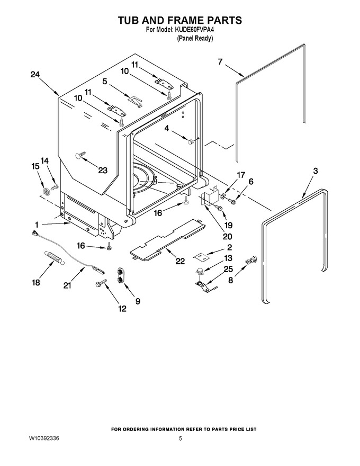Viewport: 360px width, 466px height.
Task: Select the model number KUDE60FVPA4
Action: (x=194, y=30)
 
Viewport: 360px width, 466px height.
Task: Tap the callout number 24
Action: (x=35, y=74)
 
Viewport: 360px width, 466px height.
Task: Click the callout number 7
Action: (x=220, y=62)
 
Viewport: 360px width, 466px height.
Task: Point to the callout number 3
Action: (x=316, y=171)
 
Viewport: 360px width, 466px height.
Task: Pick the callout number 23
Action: (x=103, y=171)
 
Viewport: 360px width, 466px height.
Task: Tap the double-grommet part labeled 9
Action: (x=121, y=275)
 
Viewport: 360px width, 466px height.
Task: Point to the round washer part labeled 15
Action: (x=47, y=192)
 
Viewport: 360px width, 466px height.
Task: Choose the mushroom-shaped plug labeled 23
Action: (x=80, y=155)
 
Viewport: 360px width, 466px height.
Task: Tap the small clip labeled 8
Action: (x=250, y=261)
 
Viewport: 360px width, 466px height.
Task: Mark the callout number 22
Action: (x=180, y=261)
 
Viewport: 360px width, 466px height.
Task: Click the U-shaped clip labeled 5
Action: (x=135, y=101)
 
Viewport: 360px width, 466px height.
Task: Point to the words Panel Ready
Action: (x=194, y=39)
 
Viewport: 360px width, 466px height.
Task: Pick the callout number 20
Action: (x=227, y=237)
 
